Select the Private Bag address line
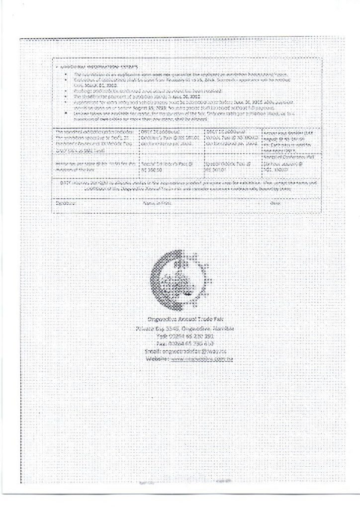coord(180,329)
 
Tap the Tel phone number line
coord(180,336)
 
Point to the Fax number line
coord(180,343)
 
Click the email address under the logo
coord(180,351)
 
